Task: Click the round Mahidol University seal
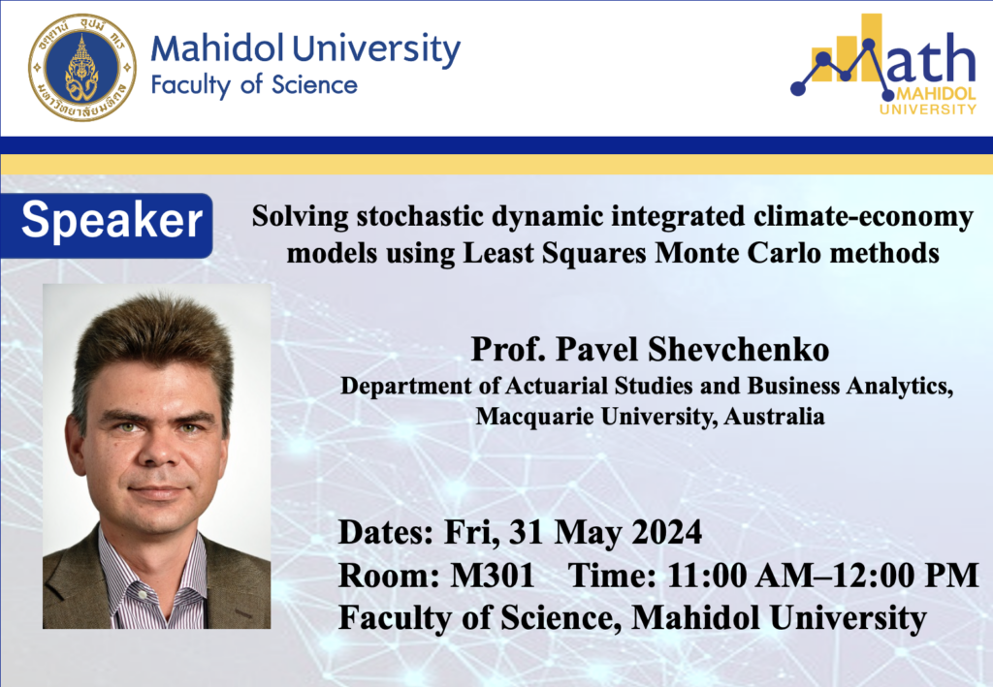(82, 68)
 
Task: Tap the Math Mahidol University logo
(884, 64)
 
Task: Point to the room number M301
(492, 575)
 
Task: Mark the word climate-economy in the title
(863, 218)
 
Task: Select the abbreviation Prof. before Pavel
(508, 349)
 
